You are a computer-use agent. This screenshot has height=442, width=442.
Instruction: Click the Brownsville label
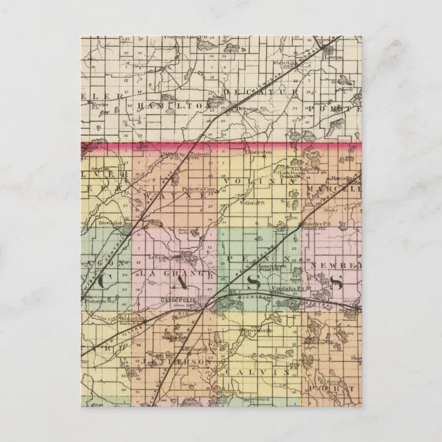click(255, 331)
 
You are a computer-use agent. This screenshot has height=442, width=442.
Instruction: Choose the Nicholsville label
click(297, 169)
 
